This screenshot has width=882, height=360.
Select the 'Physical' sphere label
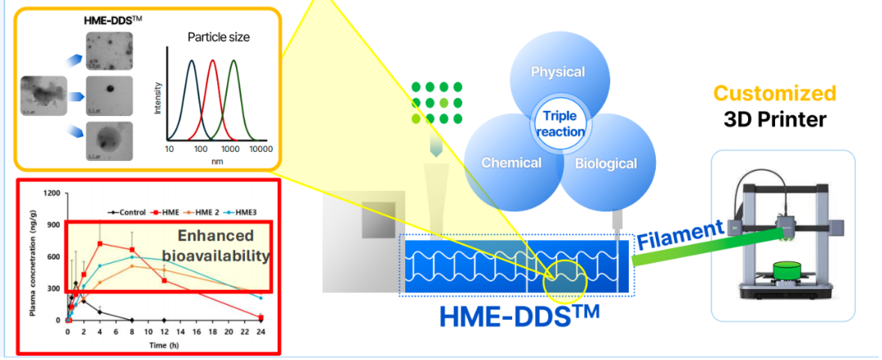tap(558, 72)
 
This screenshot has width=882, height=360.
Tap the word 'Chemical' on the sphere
tap(511, 162)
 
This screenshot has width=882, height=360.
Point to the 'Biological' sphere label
tap(605, 163)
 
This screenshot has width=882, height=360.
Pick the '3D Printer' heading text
tap(775, 120)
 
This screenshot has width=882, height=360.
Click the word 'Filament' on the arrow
tap(679, 234)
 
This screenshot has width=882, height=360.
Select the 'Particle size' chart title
tap(218, 37)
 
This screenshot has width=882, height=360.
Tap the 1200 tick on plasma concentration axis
tap(52, 193)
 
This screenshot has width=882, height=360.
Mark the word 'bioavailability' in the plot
tap(216, 256)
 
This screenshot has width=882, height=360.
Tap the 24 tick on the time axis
tap(261, 334)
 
